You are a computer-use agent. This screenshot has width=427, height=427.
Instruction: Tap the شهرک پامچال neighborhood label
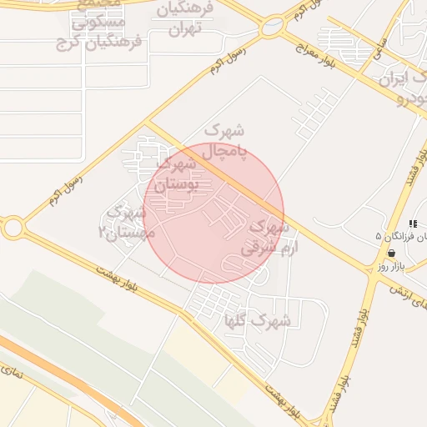224,141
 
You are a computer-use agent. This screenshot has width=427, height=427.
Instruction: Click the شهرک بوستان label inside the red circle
178,175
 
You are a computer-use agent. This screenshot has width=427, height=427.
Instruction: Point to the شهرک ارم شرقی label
266,237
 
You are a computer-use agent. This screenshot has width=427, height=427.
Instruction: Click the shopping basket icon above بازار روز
391,253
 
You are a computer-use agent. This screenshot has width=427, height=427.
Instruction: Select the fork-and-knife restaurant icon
412,224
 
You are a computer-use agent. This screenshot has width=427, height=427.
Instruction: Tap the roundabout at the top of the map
272,28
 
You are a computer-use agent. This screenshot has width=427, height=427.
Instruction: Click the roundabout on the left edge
12,227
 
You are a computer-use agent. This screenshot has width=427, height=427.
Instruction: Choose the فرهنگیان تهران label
189,20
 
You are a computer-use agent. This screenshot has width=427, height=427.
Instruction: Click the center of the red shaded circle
213,213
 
